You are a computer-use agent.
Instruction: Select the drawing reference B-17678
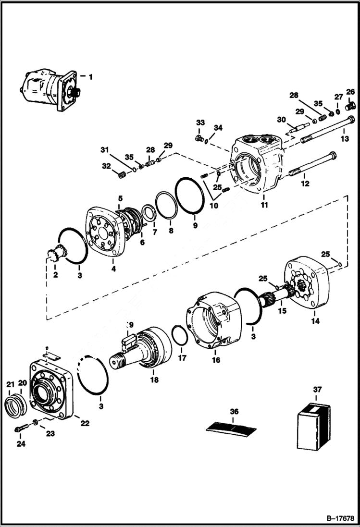point(336,519)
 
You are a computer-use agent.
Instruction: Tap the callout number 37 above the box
point(317,390)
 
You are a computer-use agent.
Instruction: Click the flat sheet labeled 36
point(231,427)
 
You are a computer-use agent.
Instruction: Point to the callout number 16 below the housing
point(216,359)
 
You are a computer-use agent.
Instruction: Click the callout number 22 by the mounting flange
point(85,423)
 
